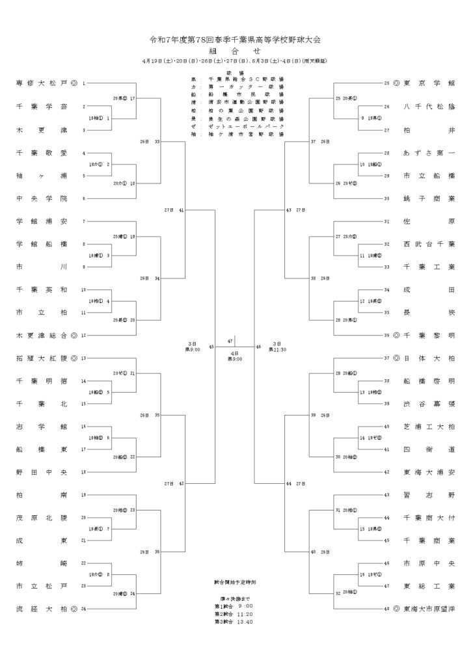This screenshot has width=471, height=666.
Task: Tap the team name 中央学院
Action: pyautogui.click(x=40, y=198)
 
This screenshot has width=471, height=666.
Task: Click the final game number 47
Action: pyautogui.click(x=230, y=341)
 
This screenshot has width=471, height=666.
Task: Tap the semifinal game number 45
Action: pyautogui.click(x=211, y=347)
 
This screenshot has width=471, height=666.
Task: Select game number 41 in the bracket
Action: pyautogui.click(x=181, y=210)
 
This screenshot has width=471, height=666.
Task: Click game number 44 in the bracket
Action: pyautogui.click(x=288, y=484)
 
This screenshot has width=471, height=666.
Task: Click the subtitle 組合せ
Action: pyautogui.click(x=235, y=50)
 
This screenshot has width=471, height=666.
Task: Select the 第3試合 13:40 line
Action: pyautogui.click(x=234, y=622)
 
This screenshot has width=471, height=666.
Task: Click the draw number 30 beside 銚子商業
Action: pyautogui.click(x=386, y=198)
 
